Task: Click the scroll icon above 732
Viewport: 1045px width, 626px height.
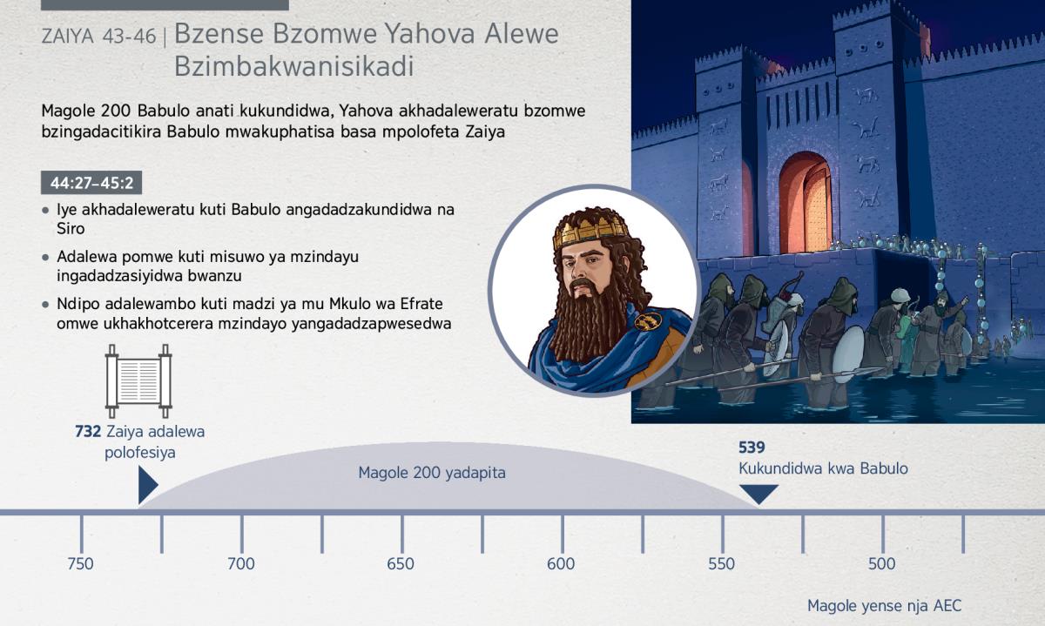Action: tap(138, 381)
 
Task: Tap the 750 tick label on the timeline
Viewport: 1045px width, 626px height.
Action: tap(80, 564)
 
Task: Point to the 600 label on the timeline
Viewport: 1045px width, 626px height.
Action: tap(561, 564)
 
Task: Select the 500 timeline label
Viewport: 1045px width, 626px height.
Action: tap(881, 564)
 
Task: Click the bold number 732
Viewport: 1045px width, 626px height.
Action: tap(88, 432)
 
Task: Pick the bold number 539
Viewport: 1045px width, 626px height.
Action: tap(752, 448)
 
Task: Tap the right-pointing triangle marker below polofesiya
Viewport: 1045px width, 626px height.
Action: tap(148, 485)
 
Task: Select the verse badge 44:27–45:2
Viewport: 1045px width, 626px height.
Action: tap(91, 182)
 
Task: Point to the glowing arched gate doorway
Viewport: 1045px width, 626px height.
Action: tap(806, 204)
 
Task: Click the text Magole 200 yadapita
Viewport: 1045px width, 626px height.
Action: tap(432, 473)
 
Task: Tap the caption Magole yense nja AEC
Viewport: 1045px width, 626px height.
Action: tap(885, 606)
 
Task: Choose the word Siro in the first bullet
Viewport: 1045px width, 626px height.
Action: tap(71, 229)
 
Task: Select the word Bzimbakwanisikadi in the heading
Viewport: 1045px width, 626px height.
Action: tap(294, 67)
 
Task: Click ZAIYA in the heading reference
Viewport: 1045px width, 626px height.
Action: tap(68, 37)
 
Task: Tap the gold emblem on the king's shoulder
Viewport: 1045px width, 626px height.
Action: tap(648, 320)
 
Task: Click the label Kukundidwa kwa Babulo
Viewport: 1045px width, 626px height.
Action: tap(823, 468)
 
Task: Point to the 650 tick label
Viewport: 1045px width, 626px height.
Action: tap(401, 564)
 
